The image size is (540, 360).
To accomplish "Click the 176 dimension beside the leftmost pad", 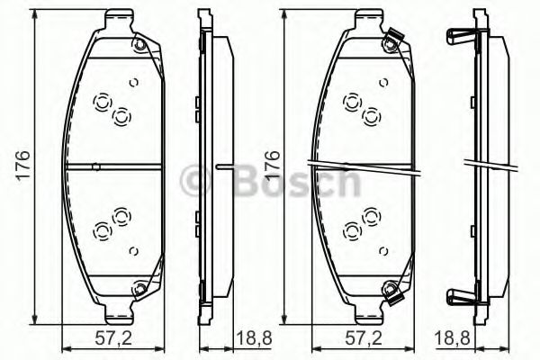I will pyautogui.click(x=25, y=166).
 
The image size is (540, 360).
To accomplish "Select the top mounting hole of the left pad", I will pyautogui.click(x=139, y=46).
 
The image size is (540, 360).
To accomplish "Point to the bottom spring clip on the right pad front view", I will pyautogui.click(x=390, y=291).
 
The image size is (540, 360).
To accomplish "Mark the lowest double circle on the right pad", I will pyautogui.click(x=351, y=230).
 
